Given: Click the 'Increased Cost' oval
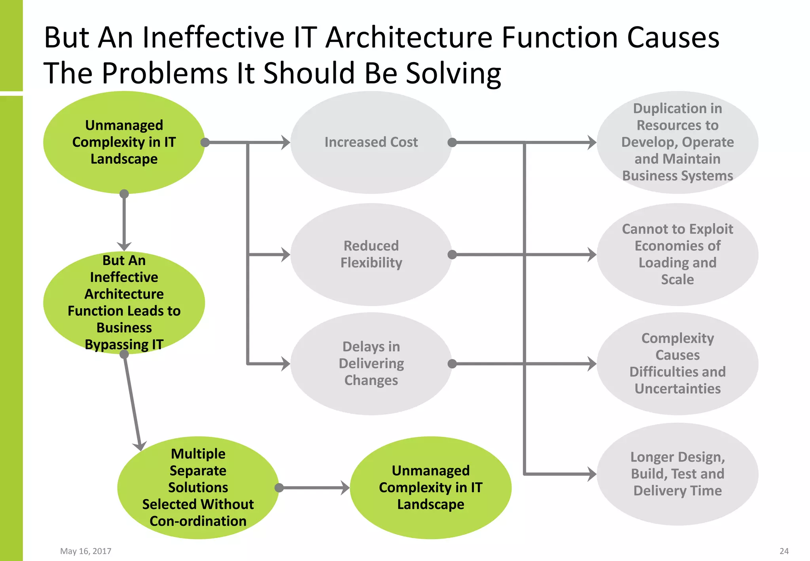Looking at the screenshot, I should [x=371, y=142].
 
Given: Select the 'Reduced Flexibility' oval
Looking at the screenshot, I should [x=371, y=254].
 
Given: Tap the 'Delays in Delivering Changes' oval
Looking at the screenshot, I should [x=371, y=364].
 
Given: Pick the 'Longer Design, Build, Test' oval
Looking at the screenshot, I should [x=677, y=474].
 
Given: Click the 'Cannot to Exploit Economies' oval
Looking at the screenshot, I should [x=677, y=254].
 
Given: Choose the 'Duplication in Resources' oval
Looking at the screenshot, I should [x=677, y=142].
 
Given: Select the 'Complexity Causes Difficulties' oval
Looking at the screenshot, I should [x=677, y=364].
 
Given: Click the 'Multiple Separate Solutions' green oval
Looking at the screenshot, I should [x=198, y=487].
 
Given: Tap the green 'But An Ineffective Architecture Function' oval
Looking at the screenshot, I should [x=124, y=302].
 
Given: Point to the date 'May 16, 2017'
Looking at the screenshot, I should [x=85, y=551].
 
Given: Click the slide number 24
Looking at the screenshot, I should [x=784, y=551].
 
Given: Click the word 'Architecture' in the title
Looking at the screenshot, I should [x=409, y=38].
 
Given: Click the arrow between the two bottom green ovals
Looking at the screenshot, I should [x=314, y=488].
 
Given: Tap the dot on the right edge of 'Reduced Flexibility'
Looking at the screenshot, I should [x=452, y=254].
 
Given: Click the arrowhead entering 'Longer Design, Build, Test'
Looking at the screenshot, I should [x=592, y=474].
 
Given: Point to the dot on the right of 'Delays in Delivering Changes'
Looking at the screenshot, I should [x=452, y=364].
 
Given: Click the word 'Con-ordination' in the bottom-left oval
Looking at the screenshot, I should [x=198, y=521].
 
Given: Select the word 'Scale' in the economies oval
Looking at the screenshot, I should [x=677, y=279].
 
